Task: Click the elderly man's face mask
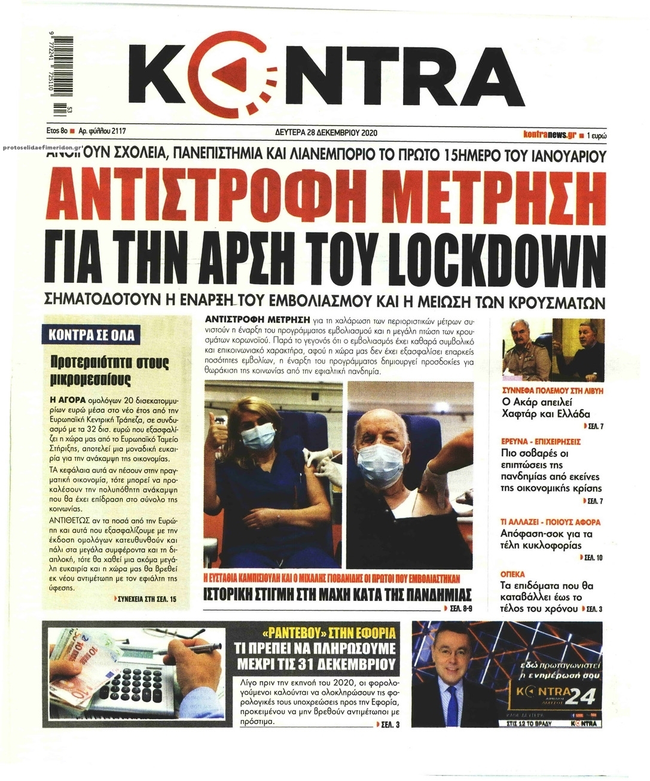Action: [378, 463]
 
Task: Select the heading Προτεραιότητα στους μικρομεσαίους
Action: [109, 371]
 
